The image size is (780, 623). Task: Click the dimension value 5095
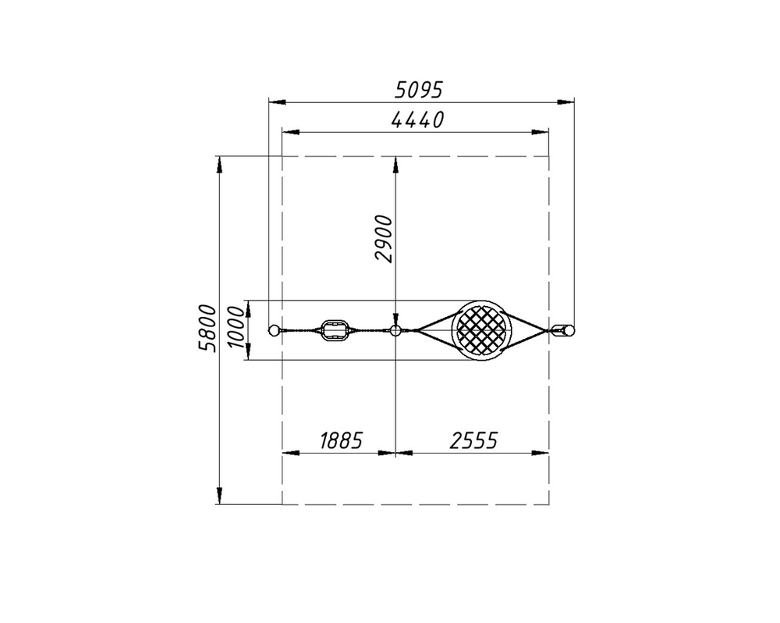pos(418,90)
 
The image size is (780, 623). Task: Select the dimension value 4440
pos(417,120)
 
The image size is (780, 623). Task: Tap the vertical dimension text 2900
pos(385,239)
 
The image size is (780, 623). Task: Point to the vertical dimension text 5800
pos(207,328)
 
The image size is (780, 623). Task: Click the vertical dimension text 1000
pos(237,327)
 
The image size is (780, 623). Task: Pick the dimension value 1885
pos(341,441)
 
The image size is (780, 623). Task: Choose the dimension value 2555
pos(473,441)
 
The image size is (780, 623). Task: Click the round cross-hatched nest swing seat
pos(481,329)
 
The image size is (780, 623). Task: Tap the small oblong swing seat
pos(333,330)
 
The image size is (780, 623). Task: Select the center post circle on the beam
pos(395,329)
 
